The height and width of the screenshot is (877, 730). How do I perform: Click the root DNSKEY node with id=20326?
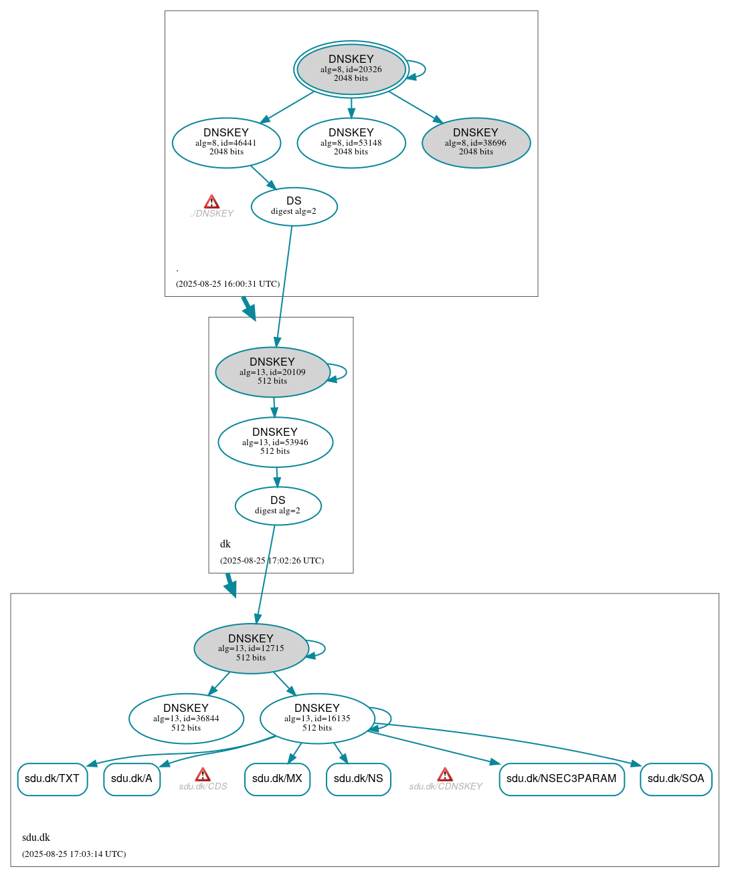[x=351, y=69]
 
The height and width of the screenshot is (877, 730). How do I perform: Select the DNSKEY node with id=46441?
[x=226, y=142]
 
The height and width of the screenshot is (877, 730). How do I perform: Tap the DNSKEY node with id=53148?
[x=351, y=142]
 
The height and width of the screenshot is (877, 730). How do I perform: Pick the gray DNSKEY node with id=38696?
[x=476, y=142]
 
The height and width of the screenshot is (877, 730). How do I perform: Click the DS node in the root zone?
[x=294, y=207]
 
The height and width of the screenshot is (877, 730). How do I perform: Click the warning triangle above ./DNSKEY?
[x=211, y=202]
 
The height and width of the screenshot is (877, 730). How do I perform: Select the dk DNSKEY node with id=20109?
[x=272, y=372]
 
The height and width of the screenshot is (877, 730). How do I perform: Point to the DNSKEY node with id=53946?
[x=275, y=442]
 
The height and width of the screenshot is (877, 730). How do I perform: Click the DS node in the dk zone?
[x=278, y=506]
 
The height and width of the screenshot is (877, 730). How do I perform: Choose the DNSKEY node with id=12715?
[x=251, y=648]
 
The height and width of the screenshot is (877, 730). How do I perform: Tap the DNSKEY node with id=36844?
[x=186, y=719]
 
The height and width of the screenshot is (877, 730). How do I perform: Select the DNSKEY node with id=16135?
[x=317, y=719]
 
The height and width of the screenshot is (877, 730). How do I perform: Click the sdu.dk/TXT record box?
[x=52, y=779]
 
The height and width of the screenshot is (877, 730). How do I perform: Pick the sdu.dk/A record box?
[x=132, y=779]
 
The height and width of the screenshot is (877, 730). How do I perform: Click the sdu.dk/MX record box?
[x=277, y=779]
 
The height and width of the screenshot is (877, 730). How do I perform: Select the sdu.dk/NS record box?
[x=358, y=779]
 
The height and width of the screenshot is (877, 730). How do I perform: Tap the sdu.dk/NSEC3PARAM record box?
[x=561, y=779]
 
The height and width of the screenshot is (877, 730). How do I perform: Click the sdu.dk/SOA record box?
[x=676, y=779]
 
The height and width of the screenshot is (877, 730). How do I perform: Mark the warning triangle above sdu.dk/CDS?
[x=203, y=775]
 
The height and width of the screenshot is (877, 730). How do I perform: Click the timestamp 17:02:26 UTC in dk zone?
[x=272, y=560]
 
